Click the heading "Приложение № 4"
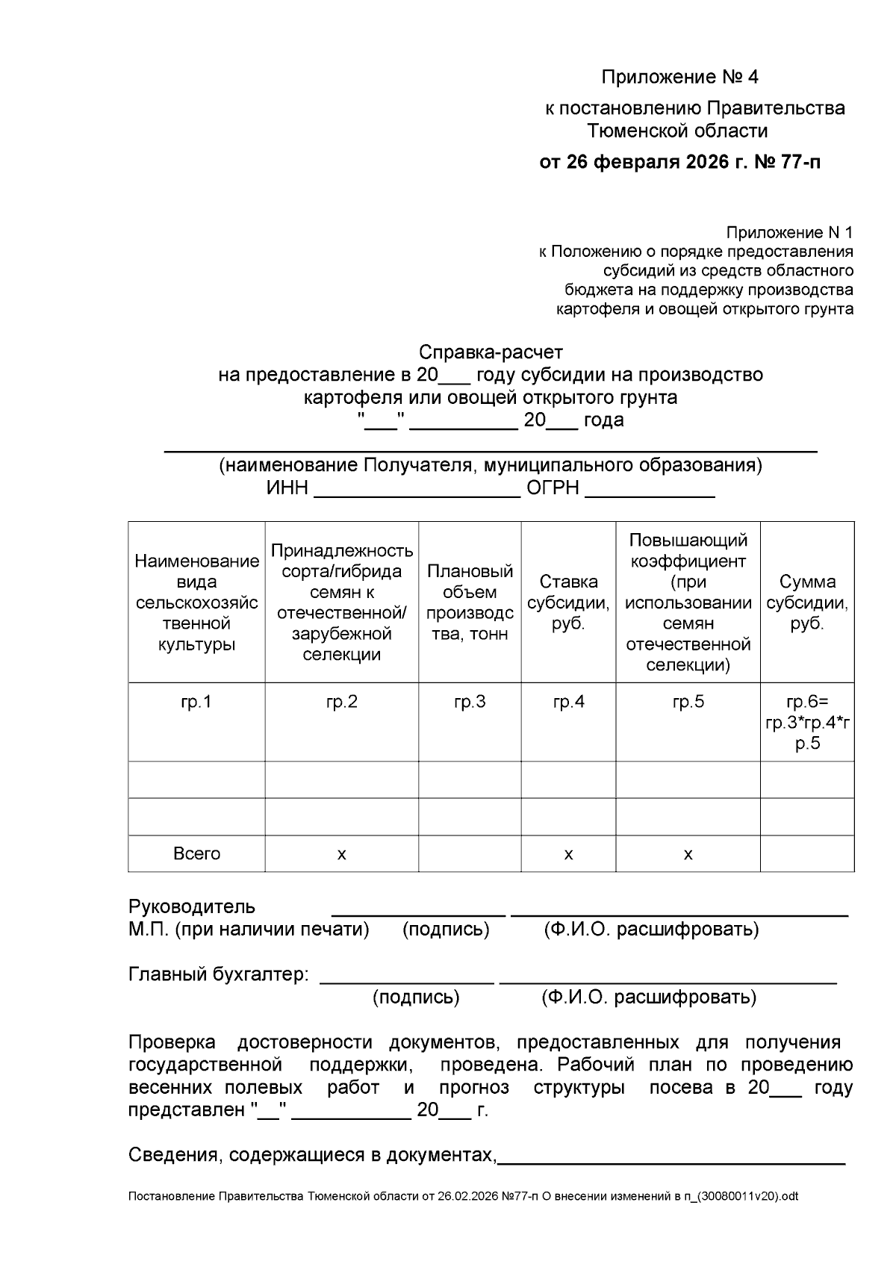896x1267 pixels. pos(679,77)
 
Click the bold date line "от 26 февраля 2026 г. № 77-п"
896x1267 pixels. pos(679,162)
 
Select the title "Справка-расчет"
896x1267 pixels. pos(490,352)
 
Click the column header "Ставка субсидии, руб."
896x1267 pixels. pos(568,603)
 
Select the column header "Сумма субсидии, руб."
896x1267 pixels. pos(807,603)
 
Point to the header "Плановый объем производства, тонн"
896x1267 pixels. pos(470,603)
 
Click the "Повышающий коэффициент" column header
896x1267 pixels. pos(688,603)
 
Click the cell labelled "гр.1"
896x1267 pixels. pos(196,702)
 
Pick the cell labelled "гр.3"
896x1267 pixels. pos(470,702)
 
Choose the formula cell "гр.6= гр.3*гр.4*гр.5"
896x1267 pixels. pos(807,722)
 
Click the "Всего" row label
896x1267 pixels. pos(196,853)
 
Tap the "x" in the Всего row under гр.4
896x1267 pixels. pos(568,853)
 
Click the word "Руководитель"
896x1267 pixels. pos(192,907)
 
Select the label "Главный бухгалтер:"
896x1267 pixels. pos(219,974)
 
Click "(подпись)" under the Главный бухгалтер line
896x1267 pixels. pos(416,997)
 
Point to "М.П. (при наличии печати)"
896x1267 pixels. pos(249,930)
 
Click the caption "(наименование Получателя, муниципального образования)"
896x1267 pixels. pos(490,466)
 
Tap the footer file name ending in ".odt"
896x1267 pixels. pos(463,1196)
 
